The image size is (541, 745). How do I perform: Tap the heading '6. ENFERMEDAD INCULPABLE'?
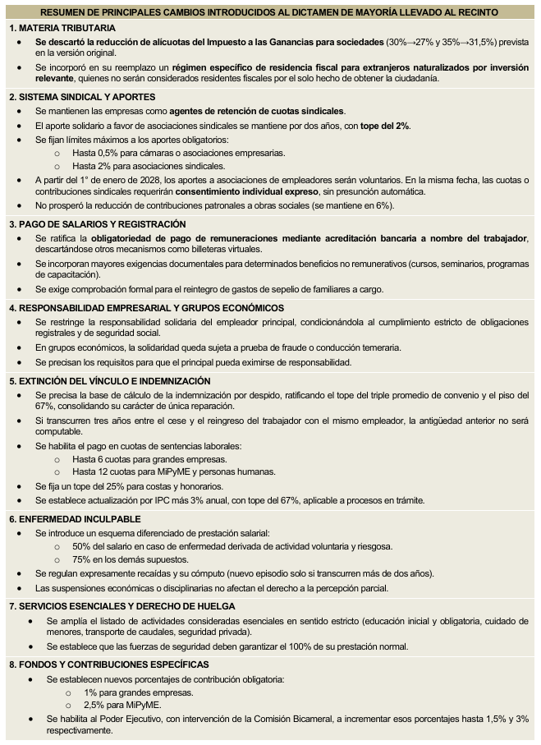click(74, 520)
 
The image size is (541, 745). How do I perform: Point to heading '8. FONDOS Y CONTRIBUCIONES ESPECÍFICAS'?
click(109, 665)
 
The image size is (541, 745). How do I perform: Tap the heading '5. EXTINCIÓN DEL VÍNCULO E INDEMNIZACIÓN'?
click(110, 381)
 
